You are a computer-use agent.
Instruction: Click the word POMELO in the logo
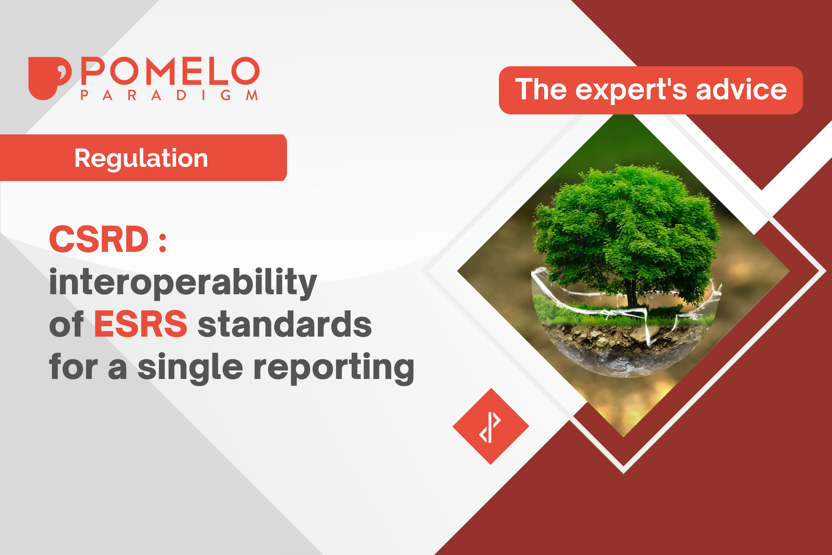click(170, 71)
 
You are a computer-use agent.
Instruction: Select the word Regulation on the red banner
click(141, 158)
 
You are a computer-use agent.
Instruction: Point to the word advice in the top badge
click(741, 90)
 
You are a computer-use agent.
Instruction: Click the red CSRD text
click(99, 239)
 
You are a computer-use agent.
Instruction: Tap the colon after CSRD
click(163, 243)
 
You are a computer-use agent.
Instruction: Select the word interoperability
click(183, 282)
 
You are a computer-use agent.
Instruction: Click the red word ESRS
click(141, 324)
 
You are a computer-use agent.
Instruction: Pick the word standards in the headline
click(285, 324)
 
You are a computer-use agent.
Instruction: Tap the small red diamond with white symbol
click(490, 426)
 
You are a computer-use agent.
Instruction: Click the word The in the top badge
click(541, 90)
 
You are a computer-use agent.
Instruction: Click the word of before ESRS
click(66, 324)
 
